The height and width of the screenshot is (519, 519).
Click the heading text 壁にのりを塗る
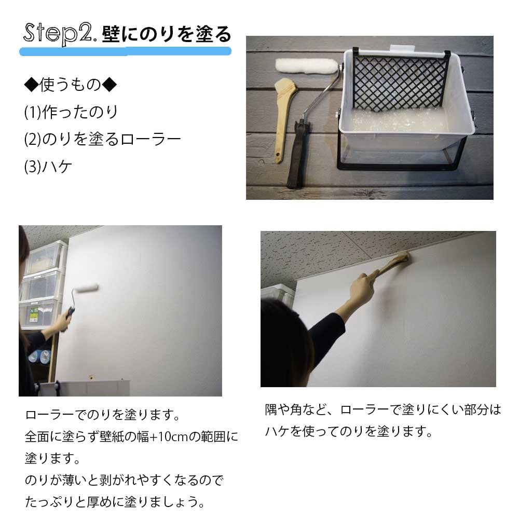pyautogui.click(x=166, y=34)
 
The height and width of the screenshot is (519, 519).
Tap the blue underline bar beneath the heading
pyautogui.click(x=125, y=51)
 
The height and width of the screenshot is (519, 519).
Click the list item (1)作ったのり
pyautogui.click(x=71, y=112)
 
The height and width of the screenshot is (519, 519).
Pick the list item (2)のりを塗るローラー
pyautogui.click(x=102, y=139)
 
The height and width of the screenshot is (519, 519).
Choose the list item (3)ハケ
pyautogui.click(x=48, y=167)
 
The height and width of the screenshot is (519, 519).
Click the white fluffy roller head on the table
pyautogui.click(x=306, y=66)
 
